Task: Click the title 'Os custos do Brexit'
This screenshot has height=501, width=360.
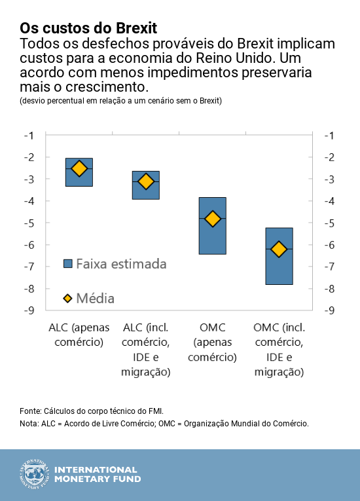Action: click(88, 28)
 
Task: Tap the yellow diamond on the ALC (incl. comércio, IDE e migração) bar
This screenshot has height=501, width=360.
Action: click(146, 181)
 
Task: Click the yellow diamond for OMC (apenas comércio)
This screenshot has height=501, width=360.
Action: click(212, 219)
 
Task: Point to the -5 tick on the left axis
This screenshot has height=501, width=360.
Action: click(29, 223)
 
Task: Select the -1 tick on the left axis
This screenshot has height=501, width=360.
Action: click(29, 135)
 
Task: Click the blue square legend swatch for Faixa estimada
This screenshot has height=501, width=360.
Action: click(67, 263)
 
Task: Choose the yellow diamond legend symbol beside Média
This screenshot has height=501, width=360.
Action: click(67, 298)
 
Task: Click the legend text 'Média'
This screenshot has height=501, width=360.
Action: click(96, 298)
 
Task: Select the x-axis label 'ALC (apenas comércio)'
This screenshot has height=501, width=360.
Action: click(79, 334)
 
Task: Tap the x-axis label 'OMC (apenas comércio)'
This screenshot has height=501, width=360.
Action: click(212, 341)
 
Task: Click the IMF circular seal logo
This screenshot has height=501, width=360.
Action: click(33, 475)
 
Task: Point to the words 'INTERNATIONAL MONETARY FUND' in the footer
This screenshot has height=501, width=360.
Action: click(96, 475)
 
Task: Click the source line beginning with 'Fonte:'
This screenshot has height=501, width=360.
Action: click(92, 411)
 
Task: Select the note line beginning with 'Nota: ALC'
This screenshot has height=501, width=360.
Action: click(164, 424)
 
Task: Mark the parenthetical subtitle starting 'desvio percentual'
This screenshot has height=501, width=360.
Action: click(120, 101)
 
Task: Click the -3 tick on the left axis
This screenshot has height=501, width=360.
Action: click(29, 179)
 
